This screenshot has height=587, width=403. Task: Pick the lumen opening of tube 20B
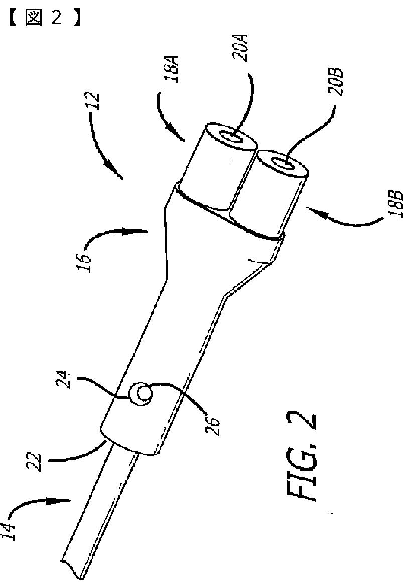[x=281, y=164]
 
